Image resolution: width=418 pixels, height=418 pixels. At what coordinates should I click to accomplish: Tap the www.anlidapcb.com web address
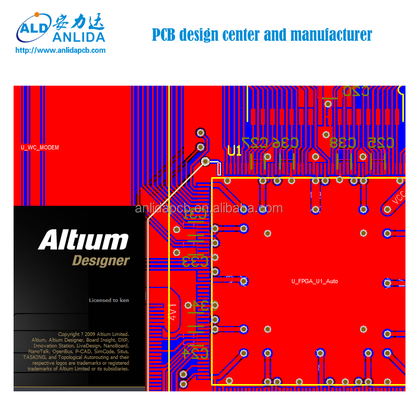(61, 51)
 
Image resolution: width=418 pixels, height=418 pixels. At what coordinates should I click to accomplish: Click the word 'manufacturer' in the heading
(331, 35)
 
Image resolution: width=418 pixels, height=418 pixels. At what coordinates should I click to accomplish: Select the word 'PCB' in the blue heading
(164, 35)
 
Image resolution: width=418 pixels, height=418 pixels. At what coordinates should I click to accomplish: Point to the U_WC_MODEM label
(40, 147)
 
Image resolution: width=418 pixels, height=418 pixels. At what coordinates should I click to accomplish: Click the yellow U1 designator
(235, 151)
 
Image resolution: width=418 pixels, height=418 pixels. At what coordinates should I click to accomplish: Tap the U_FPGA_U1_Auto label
(315, 281)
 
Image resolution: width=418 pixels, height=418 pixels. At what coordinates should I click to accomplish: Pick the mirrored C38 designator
(343, 142)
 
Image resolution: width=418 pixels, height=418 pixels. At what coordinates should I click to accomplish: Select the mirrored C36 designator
(285, 142)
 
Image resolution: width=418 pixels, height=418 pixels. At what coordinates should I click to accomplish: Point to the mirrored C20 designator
(356, 90)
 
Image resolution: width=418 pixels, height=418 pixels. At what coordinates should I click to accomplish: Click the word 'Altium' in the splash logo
(83, 241)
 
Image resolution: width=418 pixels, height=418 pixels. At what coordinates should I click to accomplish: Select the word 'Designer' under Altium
(101, 260)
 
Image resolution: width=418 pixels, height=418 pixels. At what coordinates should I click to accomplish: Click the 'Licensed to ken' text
(109, 300)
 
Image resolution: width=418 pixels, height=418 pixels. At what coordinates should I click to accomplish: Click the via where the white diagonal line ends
(205, 161)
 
